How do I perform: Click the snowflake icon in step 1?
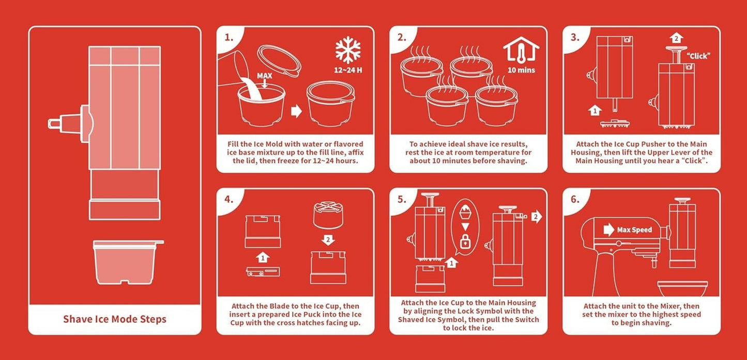coord(348,50)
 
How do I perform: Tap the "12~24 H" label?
coord(348,70)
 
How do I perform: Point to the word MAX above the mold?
coord(265,76)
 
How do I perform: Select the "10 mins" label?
coord(521,70)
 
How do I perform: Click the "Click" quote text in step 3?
coord(698,56)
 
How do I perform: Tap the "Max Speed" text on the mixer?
coord(634,230)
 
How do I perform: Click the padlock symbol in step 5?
coord(465,242)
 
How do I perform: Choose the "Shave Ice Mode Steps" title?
coord(115,319)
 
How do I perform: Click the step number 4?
coord(229,199)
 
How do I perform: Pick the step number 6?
coord(575,199)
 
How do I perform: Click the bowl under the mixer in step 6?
coord(682,289)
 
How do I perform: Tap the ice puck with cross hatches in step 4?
coord(328,215)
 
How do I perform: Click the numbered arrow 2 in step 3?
coord(676,38)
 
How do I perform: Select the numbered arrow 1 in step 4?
coord(263,257)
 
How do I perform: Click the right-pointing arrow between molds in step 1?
coord(296,111)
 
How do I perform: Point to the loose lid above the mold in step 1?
coord(279,61)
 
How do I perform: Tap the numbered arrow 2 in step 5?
coord(537,217)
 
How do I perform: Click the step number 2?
coord(402,37)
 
